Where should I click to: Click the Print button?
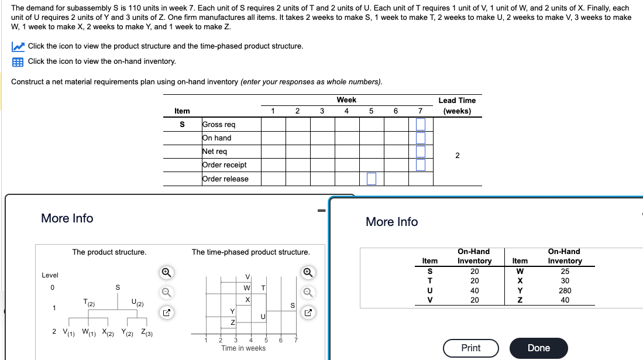[470, 348]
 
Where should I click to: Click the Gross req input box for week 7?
[420, 125]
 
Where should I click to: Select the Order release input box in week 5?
[372, 179]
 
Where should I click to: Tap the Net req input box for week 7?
[420, 152]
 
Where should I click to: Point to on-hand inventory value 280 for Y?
[564, 290]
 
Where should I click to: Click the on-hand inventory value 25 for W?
[564, 271]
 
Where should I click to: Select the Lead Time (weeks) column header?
[457, 105]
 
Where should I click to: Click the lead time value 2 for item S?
[457, 155]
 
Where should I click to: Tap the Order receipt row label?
[224, 165]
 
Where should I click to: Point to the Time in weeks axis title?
[243, 348]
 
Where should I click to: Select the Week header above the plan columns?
[346, 100]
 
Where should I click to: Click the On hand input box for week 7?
[420, 138]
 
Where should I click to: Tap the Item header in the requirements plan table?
[182, 111]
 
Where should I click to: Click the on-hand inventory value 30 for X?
[564, 281]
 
